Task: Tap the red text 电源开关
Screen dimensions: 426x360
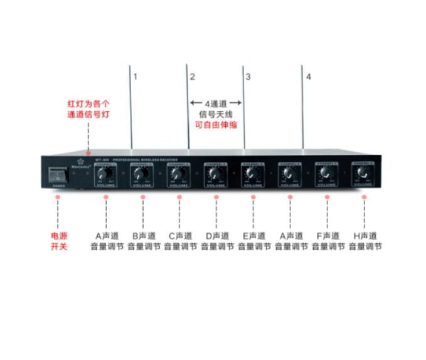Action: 58,241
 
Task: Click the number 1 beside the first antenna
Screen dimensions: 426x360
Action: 135,77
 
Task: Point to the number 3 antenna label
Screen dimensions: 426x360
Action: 248,77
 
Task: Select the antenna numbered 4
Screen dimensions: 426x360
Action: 302,107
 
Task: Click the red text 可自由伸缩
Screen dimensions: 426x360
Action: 216,124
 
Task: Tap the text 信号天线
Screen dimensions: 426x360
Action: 216,114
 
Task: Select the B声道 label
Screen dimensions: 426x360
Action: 143,236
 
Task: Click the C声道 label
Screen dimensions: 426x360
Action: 180,236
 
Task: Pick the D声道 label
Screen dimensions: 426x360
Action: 216,236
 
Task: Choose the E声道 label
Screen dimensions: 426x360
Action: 253,236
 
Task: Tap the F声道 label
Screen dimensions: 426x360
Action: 327,236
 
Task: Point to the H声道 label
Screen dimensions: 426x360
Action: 364,236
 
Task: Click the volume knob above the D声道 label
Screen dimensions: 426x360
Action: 215,174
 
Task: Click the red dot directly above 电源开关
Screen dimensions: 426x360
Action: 58,197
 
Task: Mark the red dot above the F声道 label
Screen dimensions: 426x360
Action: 327,197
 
